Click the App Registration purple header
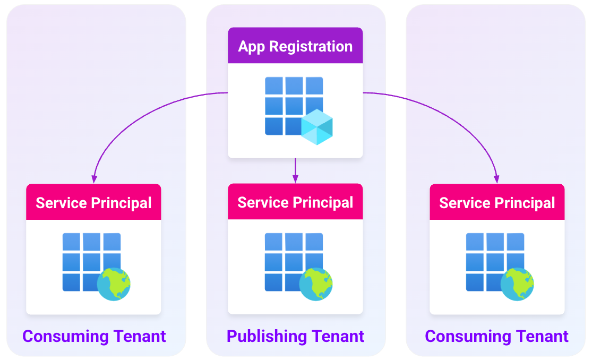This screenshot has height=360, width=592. click(x=295, y=46)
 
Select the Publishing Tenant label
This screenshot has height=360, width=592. click(x=295, y=336)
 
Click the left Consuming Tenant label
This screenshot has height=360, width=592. click(x=94, y=336)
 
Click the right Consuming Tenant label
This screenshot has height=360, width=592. click(x=496, y=336)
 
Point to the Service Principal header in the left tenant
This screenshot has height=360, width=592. click(x=93, y=202)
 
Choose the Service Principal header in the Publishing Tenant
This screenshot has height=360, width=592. click(x=295, y=202)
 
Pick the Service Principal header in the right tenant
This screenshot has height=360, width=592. click(x=497, y=202)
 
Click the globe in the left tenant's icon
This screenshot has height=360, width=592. click(x=114, y=285)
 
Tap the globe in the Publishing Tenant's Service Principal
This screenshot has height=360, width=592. click(x=316, y=285)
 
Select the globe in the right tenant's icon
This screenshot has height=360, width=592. click(x=517, y=285)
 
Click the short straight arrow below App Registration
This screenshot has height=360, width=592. click(x=295, y=170)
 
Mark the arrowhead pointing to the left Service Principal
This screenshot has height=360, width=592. click(x=94, y=179)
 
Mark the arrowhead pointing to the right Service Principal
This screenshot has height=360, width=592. click(x=497, y=179)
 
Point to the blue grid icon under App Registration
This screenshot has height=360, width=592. click(x=289, y=104)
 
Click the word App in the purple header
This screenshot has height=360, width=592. click(x=252, y=46)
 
